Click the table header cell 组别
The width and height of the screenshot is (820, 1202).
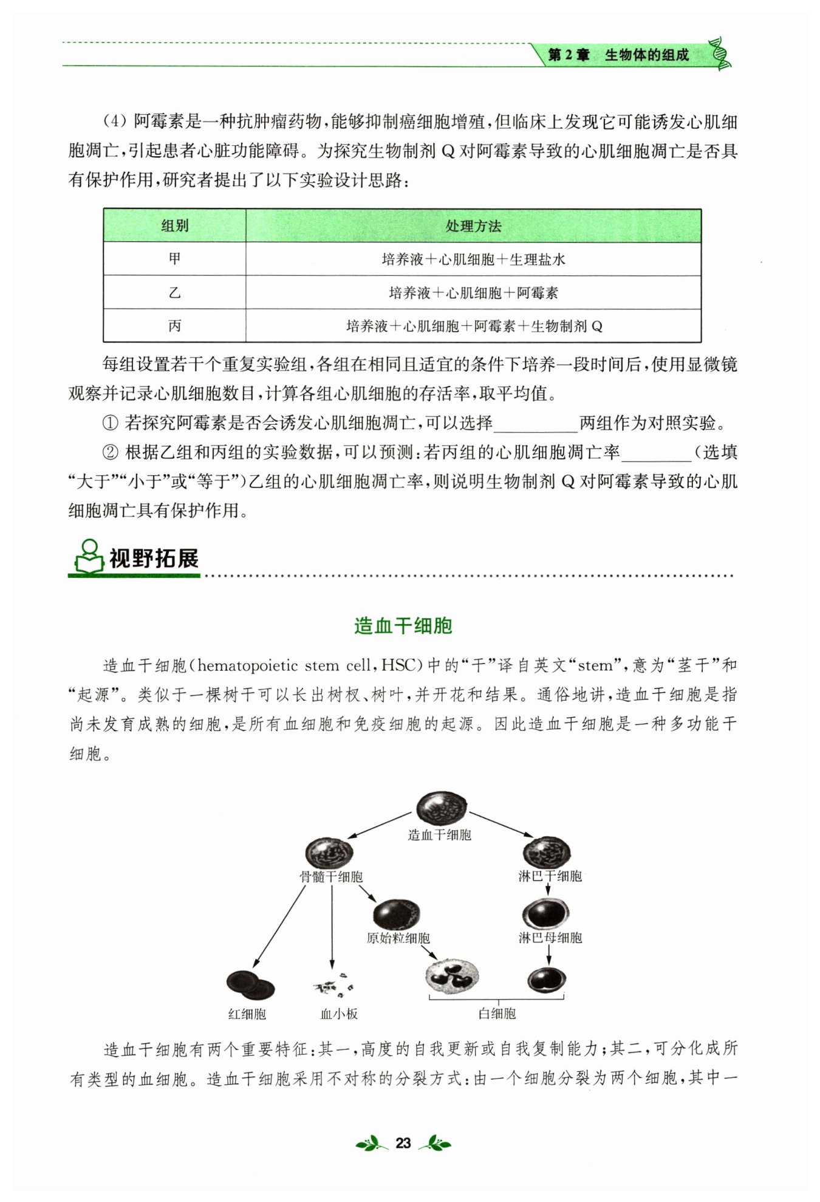174,226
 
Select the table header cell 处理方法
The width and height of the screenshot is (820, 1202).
473,226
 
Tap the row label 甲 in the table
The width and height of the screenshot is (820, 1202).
174,259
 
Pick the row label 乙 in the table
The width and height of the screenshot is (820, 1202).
174,292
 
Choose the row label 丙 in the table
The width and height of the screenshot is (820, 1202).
174,326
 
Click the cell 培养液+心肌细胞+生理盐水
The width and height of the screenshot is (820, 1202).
473,259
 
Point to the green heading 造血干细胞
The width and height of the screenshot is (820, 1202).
403,626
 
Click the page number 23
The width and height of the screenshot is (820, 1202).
403,1143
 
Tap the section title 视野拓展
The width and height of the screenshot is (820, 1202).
154,558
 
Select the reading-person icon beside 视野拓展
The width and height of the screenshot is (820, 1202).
89,557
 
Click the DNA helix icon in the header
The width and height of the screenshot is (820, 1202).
720,53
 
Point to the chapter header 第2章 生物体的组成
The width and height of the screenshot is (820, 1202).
618,55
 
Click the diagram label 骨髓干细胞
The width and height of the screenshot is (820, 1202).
331,876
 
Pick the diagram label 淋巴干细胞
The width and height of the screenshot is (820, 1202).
550,876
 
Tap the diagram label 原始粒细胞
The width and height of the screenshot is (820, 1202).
398,938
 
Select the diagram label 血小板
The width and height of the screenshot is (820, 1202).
339,1014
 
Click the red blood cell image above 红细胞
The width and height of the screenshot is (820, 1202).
250,984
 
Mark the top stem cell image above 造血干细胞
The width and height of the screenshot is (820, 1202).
442,808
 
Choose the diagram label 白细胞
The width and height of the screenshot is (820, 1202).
497,1013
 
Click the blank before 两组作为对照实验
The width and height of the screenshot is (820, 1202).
535,424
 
